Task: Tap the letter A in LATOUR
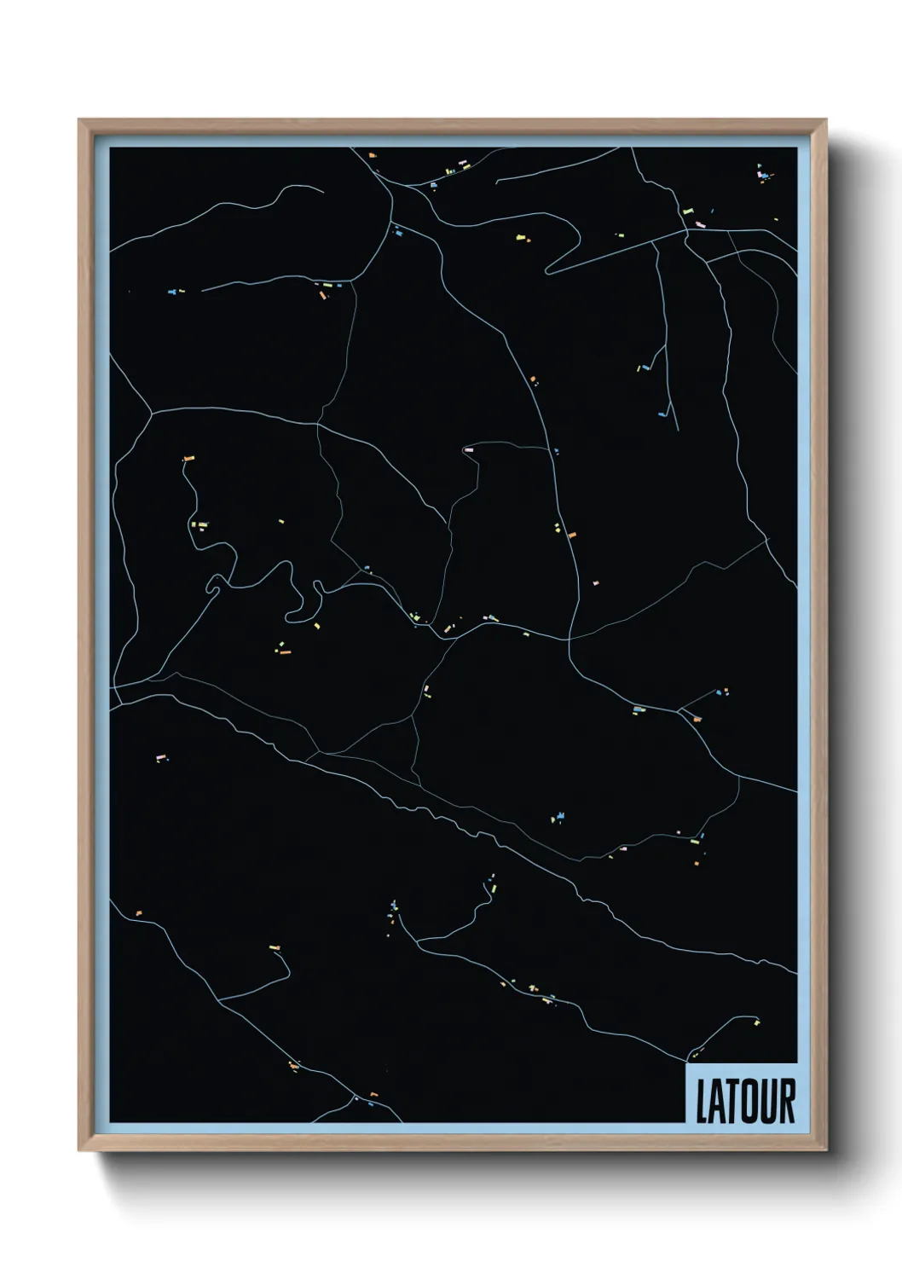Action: [717, 1102]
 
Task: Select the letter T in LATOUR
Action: [731, 1102]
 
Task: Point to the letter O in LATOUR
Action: [748, 1102]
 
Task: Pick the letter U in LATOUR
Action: [766, 1102]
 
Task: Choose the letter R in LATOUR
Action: [785, 1102]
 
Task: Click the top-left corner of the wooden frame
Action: [79, 120]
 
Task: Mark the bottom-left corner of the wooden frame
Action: [79, 1150]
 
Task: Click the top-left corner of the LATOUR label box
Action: [686, 1065]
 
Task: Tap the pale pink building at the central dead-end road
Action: [468, 449]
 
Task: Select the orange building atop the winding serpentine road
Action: [188, 459]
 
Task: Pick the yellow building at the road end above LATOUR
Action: [757, 1022]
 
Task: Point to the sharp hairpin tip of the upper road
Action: [547, 272]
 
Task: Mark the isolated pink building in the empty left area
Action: [159, 757]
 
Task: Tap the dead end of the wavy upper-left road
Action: [322, 191]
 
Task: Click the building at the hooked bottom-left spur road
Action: [275, 947]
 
